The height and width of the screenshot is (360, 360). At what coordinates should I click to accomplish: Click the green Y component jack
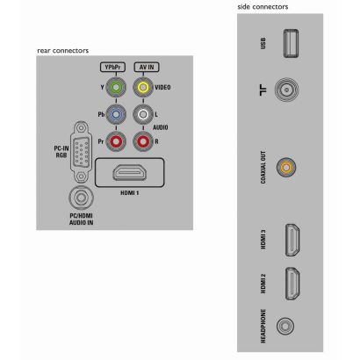(x=116, y=87)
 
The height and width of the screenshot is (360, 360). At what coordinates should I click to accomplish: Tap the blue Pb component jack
(x=116, y=114)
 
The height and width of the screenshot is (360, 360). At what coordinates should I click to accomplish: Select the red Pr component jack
(x=116, y=141)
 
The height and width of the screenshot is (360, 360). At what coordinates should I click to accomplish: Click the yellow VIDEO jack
(x=143, y=87)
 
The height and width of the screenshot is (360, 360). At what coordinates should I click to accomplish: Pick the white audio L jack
(x=143, y=114)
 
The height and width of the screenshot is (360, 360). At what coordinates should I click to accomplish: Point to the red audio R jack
(x=143, y=141)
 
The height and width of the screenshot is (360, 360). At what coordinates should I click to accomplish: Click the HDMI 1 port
(x=130, y=172)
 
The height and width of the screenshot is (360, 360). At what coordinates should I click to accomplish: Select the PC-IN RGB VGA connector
(x=80, y=153)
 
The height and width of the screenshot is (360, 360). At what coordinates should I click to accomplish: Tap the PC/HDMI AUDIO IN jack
(x=81, y=198)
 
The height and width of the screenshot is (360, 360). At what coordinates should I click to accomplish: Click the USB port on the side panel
(x=291, y=43)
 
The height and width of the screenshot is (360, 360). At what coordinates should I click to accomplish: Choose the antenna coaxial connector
(x=286, y=90)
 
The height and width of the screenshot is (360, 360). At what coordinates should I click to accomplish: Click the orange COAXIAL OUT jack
(x=286, y=168)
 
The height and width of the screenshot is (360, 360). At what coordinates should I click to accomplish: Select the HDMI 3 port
(x=292, y=240)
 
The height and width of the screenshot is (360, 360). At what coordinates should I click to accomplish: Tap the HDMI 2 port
(x=292, y=284)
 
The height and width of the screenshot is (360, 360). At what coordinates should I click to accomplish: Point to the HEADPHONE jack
(x=285, y=326)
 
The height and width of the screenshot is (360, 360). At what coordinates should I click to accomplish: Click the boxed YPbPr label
(x=112, y=67)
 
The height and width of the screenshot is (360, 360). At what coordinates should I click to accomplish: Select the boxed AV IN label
(x=147, y=67)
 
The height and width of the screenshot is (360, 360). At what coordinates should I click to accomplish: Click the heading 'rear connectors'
(x=62, y=50)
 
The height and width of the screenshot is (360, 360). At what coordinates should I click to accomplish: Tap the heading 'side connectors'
(x=263, y=6)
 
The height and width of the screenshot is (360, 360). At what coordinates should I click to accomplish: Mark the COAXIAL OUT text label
(x=263, y=168)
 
